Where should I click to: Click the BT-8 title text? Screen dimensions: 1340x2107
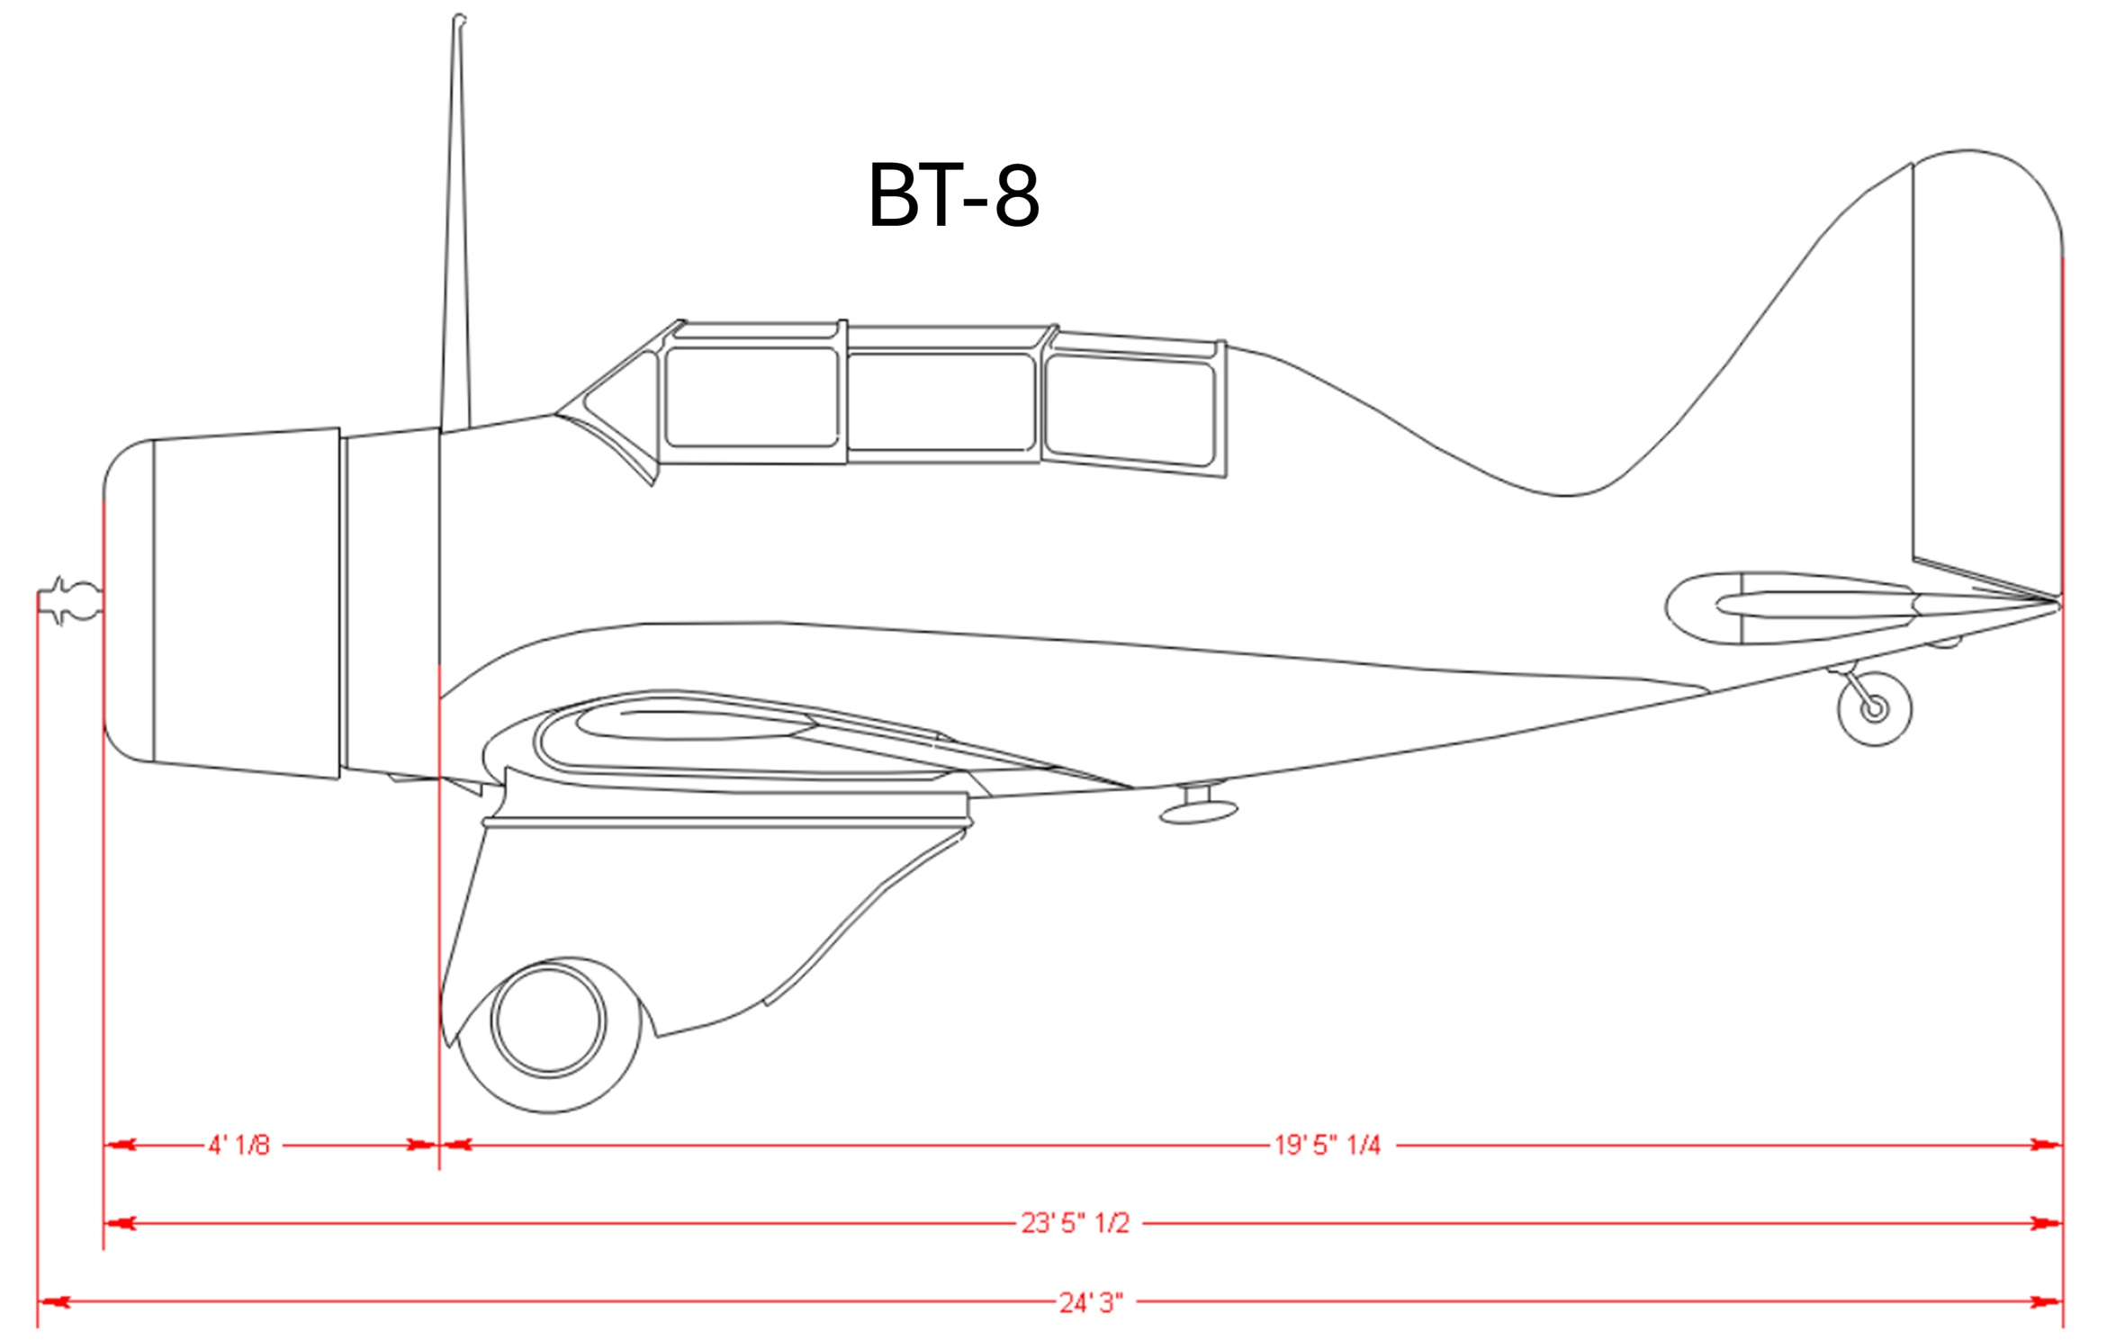[x=953, y=195]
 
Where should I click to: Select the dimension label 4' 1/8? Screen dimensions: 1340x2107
[x=239, y=1145]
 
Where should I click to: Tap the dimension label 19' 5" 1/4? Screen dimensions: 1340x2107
[x=1327, y=1145]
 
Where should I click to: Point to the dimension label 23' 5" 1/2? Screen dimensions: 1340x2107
[x=1075, y=1223]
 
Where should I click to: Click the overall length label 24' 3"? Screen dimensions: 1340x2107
[x=1090, y=1302]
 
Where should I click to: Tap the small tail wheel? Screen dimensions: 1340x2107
[x=1875, y=708]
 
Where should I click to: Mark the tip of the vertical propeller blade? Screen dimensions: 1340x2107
[x=458, y=20]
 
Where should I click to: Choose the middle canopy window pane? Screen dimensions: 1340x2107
[x=941, y=401]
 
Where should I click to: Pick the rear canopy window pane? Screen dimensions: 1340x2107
[x=1130, y=409]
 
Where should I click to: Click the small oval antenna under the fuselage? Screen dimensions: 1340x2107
[x=1198, y=812]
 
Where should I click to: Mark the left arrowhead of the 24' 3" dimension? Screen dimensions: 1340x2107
[x=52, y=1302]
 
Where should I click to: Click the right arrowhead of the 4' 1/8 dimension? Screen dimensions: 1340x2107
[x=421, y=1145]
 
